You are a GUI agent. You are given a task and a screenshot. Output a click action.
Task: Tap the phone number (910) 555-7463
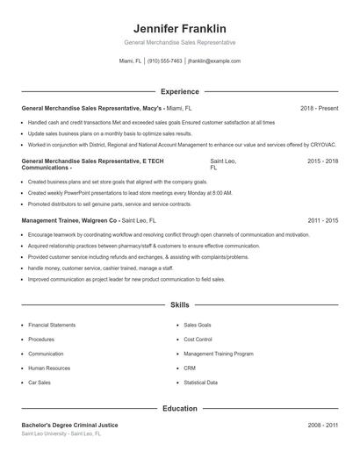(x=164, y=61)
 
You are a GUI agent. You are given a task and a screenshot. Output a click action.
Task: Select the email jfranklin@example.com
(x=214, y=61)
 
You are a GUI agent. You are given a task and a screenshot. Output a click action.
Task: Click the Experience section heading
(x=179, y=91)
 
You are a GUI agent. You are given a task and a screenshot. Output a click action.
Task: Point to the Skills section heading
(x=179, y=305)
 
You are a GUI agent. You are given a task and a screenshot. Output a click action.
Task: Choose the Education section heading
(x=179, y=408)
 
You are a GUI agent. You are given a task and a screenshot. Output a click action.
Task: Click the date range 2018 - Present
(x=319, y=108)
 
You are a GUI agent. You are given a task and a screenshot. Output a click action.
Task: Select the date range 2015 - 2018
(x=322, y=162)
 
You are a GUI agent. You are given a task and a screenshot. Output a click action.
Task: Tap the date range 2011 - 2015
(x=322, y=220)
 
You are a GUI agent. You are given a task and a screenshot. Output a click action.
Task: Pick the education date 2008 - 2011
(x=322, y=425)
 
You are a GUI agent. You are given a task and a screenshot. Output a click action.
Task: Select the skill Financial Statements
(x=52, y=325)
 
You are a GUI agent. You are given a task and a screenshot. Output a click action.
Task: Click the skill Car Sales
(x=40, y=383)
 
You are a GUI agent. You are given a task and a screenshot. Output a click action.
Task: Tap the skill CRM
(x=190, y=368)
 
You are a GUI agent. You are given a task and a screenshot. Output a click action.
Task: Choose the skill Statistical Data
(x=201, y=383)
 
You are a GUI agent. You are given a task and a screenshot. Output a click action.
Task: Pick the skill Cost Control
(x=198, y=339)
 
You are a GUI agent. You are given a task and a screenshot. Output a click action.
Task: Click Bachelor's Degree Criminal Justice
(x=68, y=425)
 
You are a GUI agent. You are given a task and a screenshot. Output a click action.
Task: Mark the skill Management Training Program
(x=219, y=354)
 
